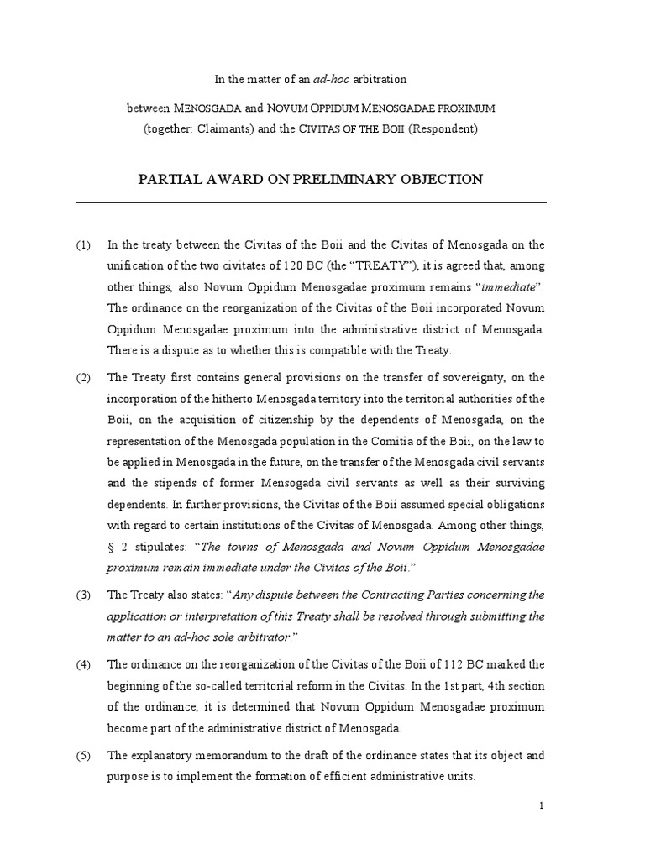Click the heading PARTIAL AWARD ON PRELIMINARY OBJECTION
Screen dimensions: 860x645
tap(310, 179)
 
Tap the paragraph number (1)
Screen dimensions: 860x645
tap(83, 245)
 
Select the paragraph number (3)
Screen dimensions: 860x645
tap(83, 595)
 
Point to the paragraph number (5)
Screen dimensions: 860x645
tap(83, 755)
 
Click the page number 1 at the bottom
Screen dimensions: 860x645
tap(542, 806)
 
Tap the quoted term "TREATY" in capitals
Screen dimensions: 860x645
tap(379, 266)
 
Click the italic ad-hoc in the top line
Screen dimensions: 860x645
tap(329, 80)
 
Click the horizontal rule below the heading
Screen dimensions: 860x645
tap(310, 202)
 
